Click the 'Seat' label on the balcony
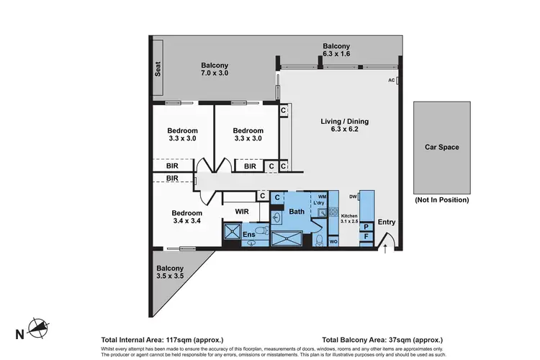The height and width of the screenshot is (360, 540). pyautogui.click(x=157, y=68)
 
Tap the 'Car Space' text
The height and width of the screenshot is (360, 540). pyautogui.click(x=441, y=147)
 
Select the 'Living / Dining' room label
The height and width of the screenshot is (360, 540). pyautogui.click(x=340, y=126)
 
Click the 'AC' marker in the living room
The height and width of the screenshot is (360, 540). pyautogui.click(x=392, y=80)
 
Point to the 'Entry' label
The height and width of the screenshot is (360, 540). pyautogui.click(x=387, y=222)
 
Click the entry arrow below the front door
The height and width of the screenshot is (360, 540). pyautogui.click(x=386, y=250)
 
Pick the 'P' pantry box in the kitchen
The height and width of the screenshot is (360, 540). pyautogui.click(x=366, y=226)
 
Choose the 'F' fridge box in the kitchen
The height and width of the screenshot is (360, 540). pyautogui.click(x=366, y=235)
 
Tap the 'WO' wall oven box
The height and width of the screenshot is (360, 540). pyautogui.click(x=333, y=242)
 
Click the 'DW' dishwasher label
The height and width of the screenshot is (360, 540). pyautogui.click(x=353, y=196)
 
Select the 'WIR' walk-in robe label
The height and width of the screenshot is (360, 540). pyautogui.click(x=242, y=212)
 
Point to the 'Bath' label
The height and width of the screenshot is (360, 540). pyautogui.click(x=297, y=212)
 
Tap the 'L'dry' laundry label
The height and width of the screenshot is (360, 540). pyautogui.click(x=319, y=203)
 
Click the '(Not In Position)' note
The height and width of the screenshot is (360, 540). pyautogui.click(x=441, y=199)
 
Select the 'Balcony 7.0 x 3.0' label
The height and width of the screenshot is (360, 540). pyautogui.click(x=214, y=69)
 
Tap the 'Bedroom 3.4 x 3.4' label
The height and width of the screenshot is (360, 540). pyautogui.click(x=186, y=217)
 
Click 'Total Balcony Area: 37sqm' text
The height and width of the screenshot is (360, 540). pyautogui.click(x=382, y=339)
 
